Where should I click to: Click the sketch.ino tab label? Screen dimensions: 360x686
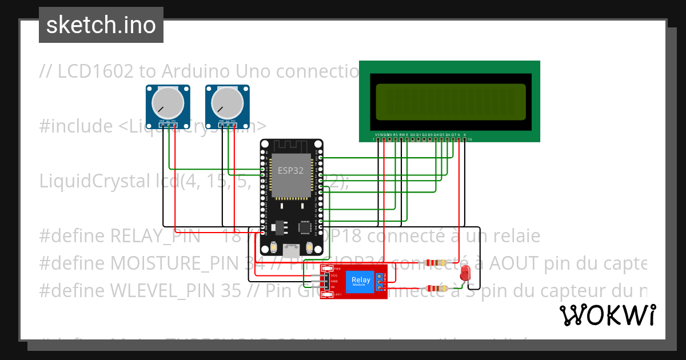101,26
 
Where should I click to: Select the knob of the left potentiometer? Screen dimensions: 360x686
168,103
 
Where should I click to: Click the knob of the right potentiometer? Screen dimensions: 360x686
228,103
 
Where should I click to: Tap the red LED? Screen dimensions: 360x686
465,272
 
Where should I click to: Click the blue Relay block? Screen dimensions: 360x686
361,281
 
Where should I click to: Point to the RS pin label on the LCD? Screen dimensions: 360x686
396,135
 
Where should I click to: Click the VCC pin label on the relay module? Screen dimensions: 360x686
334,275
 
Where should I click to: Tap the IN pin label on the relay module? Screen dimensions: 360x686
333,286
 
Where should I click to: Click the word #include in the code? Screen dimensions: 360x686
76,126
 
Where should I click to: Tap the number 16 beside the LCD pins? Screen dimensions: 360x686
470,139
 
